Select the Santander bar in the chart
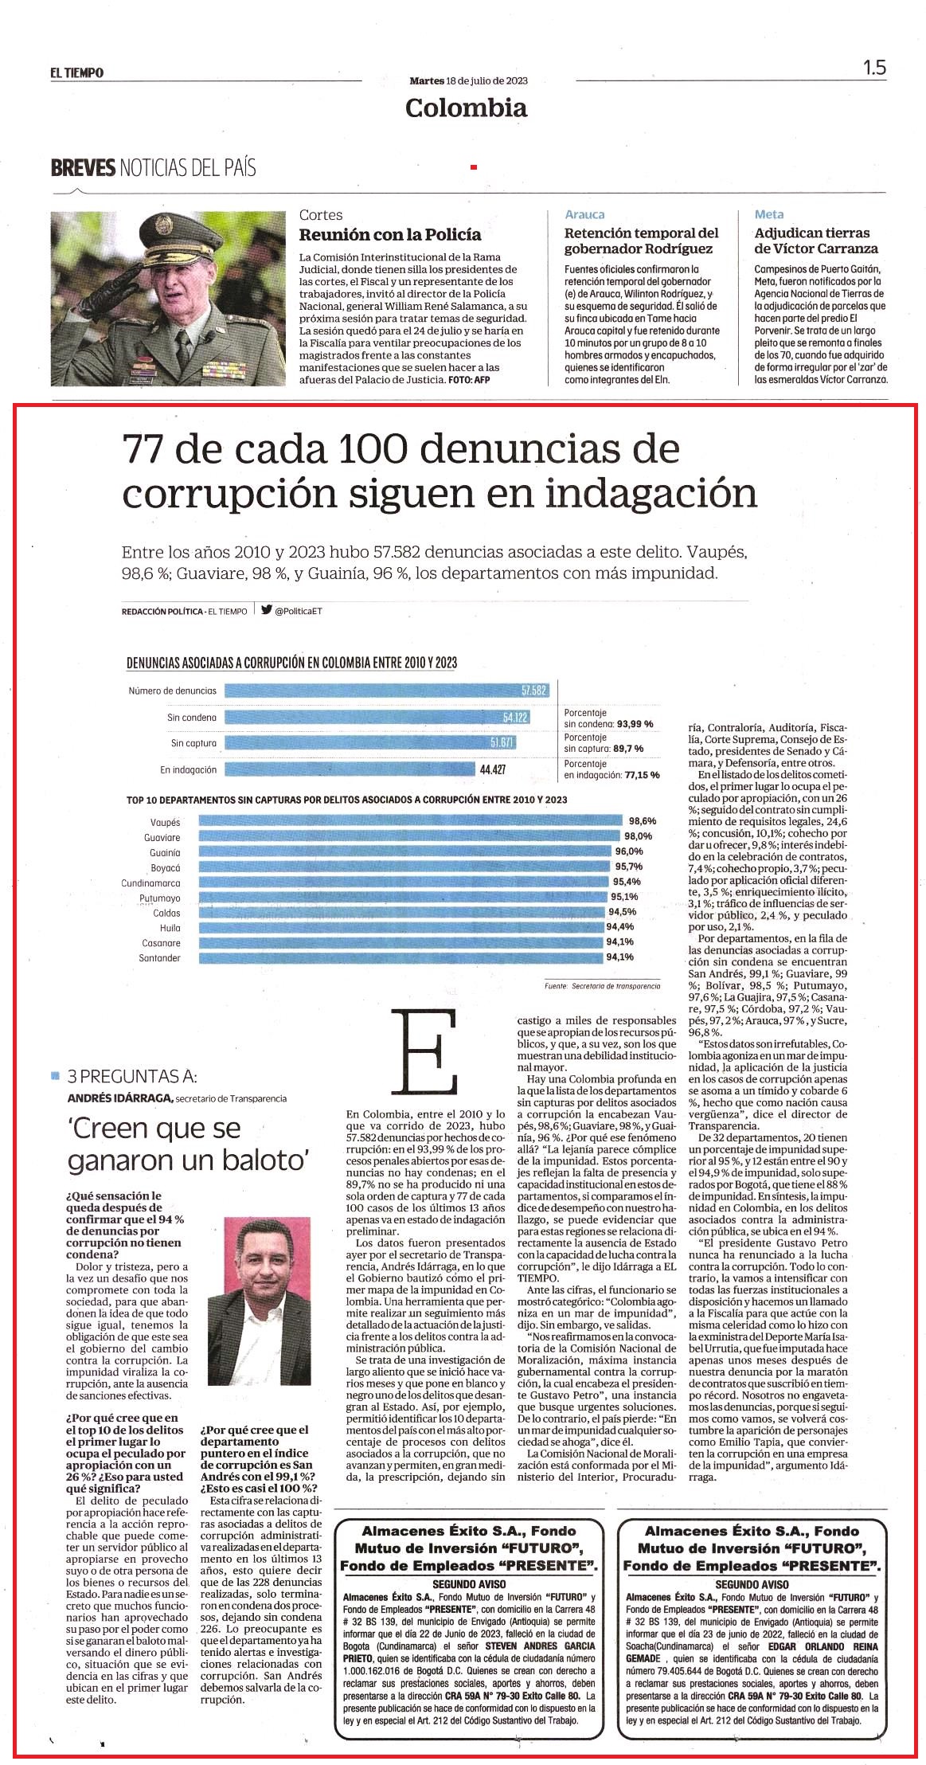click(x=401, y=957)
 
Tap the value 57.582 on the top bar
click(x=534, y=691)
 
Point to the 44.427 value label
click(x=493, y=769)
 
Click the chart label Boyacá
click(x=166, y=868)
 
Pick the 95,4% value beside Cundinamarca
click(x=627, y=882)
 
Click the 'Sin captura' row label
click(x=193, y=744)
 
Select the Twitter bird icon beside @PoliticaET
click(x=267, y=611)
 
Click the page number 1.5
click(x=874, y=68)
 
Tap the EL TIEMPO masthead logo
click(x=77, y=72)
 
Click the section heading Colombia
click(x=467, y=108)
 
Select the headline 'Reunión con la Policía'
click(x=390, y=235)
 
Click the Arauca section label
click(x=584, y=214)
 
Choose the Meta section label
click(x=769, y=214)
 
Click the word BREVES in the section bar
click(x=84, y=168)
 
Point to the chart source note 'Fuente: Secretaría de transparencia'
click(x=603, y=985)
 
